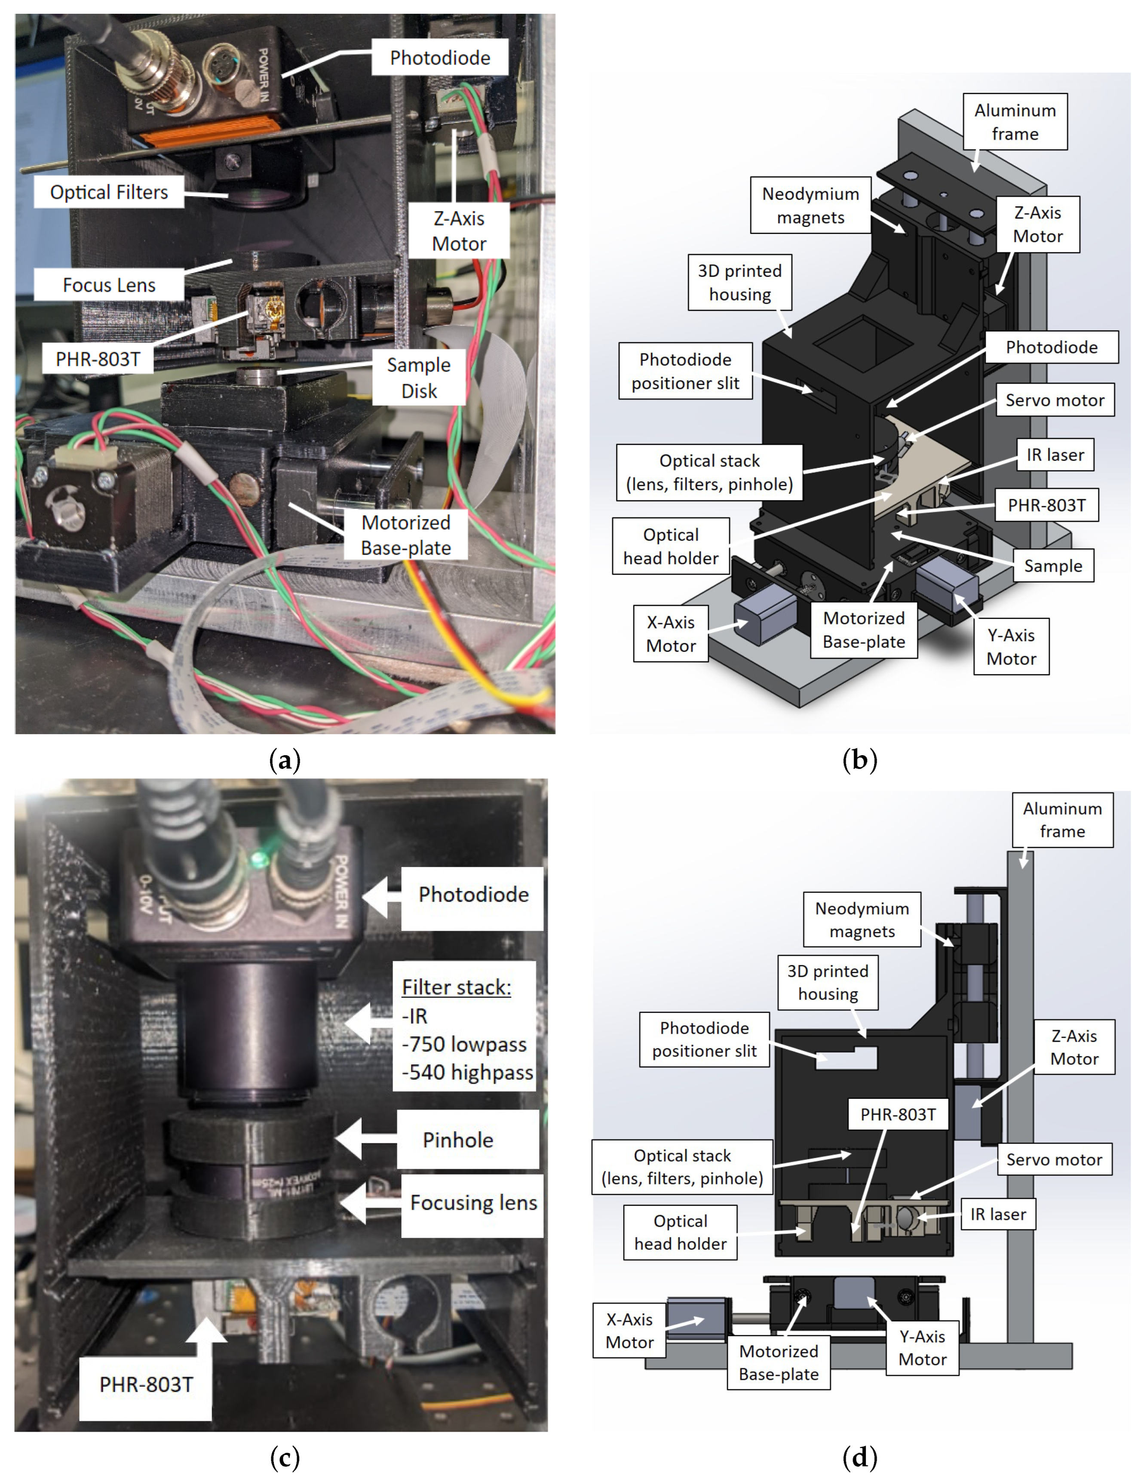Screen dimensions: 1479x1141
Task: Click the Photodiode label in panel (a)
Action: [439, 58]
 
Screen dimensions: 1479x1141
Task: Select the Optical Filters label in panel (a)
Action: [109, 192]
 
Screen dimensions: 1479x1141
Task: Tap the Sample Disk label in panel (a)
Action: [418, 378]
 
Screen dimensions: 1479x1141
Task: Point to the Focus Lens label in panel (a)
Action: [109, 285]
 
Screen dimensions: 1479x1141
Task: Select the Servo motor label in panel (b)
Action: [1054, 400]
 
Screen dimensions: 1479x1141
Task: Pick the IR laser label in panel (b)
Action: [1054, 455]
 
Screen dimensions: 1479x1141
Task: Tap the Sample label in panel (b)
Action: [1052, 566]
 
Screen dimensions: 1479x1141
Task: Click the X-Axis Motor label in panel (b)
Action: [670, 634]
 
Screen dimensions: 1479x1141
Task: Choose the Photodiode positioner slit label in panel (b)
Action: [685, 371]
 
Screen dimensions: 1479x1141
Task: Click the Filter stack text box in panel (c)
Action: [465, 1030]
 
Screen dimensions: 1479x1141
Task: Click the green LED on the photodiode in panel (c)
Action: [258, 860]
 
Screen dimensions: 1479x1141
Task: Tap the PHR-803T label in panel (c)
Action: [146, 1384]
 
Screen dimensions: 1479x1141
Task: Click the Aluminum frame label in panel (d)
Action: [1062, 820]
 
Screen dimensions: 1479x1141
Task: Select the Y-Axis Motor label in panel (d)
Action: [922, 1348]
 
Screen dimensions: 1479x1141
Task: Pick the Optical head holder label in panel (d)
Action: [680, 1233]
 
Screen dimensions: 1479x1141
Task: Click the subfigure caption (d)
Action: [859, 1456]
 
